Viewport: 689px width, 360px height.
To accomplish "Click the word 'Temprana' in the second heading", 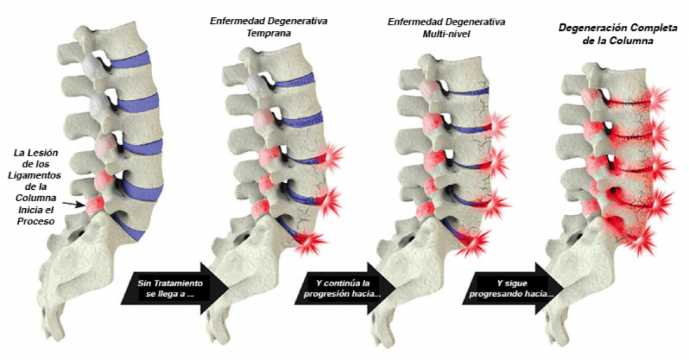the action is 269,33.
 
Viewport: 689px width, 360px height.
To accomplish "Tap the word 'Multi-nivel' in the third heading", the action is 446,34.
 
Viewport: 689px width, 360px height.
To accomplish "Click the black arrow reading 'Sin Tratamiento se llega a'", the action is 175,288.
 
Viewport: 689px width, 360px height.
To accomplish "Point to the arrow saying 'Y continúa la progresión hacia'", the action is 346,288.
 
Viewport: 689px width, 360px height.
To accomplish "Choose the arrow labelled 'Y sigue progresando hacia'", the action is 513,288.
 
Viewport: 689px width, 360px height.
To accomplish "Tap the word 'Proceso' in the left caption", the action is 36,221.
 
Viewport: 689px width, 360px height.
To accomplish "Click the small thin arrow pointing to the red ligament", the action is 73,205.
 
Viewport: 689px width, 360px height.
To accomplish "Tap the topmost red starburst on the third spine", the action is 495,125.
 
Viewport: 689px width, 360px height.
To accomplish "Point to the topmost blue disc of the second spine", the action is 294,79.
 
